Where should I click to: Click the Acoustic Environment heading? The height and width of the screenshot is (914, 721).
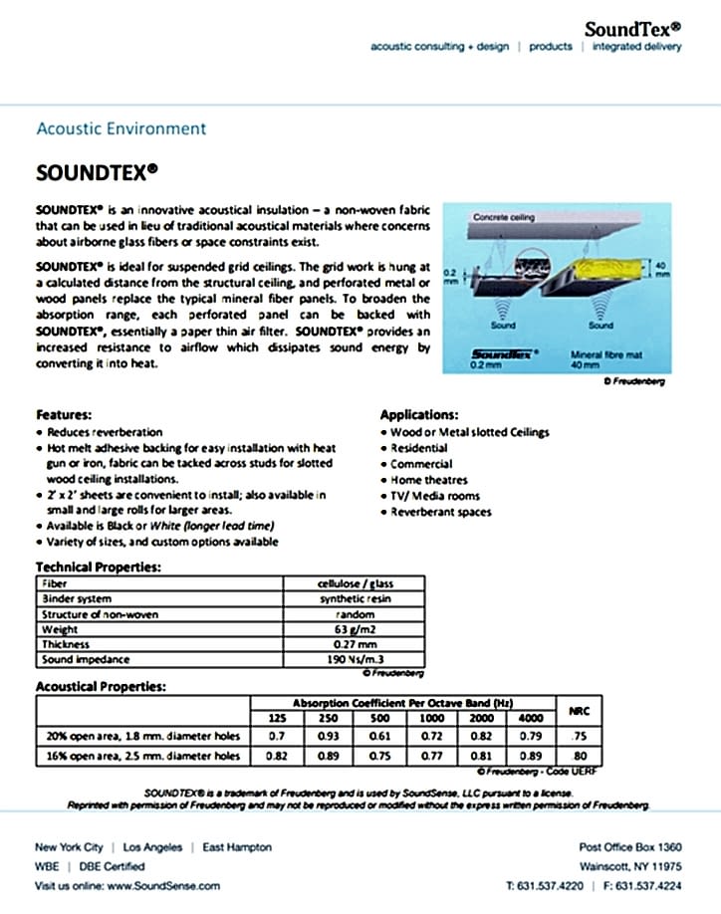(x=120, y=128)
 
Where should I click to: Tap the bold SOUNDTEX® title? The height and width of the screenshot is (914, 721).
(x=97, y=171)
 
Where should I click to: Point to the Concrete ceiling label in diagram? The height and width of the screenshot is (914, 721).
(x=504, y=216)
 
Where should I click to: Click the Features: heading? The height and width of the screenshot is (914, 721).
(x=64, y=414)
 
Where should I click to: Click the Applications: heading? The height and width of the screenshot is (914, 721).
(x=419, y=414)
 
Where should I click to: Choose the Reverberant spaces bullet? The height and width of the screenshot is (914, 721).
(x=440, y=511)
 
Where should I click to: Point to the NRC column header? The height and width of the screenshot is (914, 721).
(x=578, y=711)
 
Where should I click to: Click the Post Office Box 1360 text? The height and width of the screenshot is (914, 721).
(x=629, y=847)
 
